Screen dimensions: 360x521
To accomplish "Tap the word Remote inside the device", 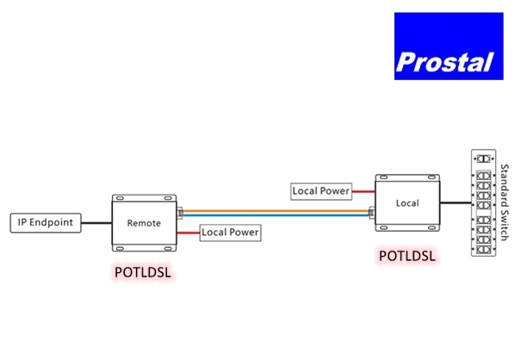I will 144,222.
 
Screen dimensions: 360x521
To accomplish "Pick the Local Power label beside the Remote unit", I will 230,233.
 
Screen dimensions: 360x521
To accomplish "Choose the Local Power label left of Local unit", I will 321,189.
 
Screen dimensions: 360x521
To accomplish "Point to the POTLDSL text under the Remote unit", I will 143,273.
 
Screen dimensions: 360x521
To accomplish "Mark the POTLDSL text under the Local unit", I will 407,256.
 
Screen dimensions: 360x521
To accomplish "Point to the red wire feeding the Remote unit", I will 189,233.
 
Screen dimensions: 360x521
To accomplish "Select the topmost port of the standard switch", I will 484,160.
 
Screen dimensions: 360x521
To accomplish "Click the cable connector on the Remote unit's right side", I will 179,212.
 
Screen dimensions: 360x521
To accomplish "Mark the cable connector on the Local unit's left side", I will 371,212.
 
